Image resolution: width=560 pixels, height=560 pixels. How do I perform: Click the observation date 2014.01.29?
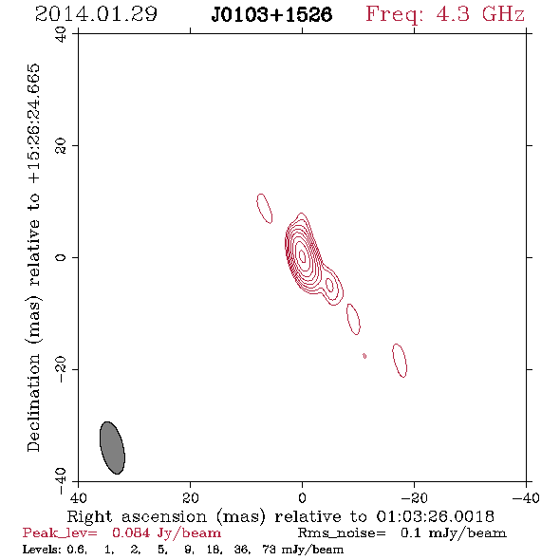point(96,14)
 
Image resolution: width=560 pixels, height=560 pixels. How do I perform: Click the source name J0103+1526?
point(271,15)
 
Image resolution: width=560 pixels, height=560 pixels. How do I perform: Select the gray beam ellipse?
point(112,448)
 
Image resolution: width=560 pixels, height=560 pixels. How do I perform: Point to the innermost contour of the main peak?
point(302,255)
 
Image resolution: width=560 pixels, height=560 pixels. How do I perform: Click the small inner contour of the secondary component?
point(329,285)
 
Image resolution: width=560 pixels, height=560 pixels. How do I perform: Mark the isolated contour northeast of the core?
point(264,209)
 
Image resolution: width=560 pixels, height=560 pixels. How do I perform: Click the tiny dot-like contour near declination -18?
point(364,356)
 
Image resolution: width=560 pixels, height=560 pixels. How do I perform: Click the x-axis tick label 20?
point(191,497)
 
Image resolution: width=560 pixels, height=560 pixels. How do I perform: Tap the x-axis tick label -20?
point(414,497)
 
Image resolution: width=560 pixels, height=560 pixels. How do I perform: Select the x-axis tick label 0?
point(302,497)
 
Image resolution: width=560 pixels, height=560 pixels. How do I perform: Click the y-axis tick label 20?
point(61,146)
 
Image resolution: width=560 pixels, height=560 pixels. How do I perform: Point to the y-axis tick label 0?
point(61,257)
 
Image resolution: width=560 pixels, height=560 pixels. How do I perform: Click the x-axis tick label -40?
point(526,497)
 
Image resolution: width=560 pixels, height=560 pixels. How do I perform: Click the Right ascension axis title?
point(281,516)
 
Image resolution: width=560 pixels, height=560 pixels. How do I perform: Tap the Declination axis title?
point(33,257)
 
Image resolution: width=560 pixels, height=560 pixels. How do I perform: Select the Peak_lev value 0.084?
point(131,533)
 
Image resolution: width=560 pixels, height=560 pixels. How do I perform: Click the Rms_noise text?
point(342,533)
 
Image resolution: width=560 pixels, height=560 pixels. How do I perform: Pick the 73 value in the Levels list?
point(270,550)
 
